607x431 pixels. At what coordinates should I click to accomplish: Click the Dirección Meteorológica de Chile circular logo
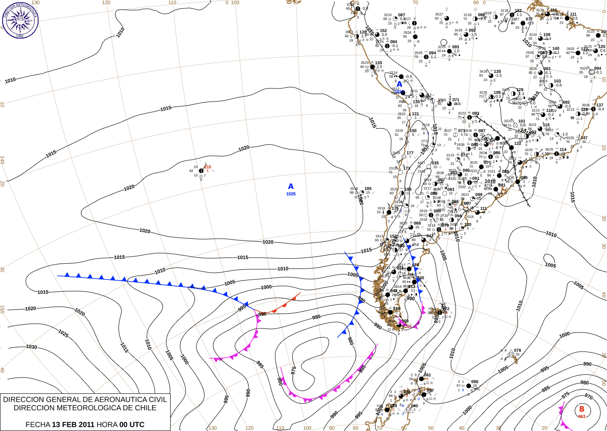point(20,20)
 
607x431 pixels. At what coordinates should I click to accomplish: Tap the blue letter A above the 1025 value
point(291,187)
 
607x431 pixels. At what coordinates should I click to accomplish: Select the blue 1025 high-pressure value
point(291,194)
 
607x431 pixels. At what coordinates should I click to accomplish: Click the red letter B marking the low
point(582,409)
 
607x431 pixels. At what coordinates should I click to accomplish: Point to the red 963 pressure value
point(582,417)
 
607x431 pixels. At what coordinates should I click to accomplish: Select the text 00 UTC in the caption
point(132,424)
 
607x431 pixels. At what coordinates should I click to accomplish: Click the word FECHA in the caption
point(38,424)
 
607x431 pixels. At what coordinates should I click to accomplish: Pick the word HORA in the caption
point(107,424)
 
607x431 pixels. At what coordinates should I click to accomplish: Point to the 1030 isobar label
point(32,347)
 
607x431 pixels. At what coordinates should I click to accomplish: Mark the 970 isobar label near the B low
point(589,397)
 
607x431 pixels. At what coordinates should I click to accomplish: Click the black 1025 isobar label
point(63,334)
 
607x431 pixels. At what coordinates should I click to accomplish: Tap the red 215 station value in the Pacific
point(207,167)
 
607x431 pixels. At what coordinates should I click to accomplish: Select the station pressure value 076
point(518,350)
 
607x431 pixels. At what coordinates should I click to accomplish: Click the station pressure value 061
point(427,375)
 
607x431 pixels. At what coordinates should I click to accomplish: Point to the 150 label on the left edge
point(2,309)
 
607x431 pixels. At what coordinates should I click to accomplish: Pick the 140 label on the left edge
point(2,160)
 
